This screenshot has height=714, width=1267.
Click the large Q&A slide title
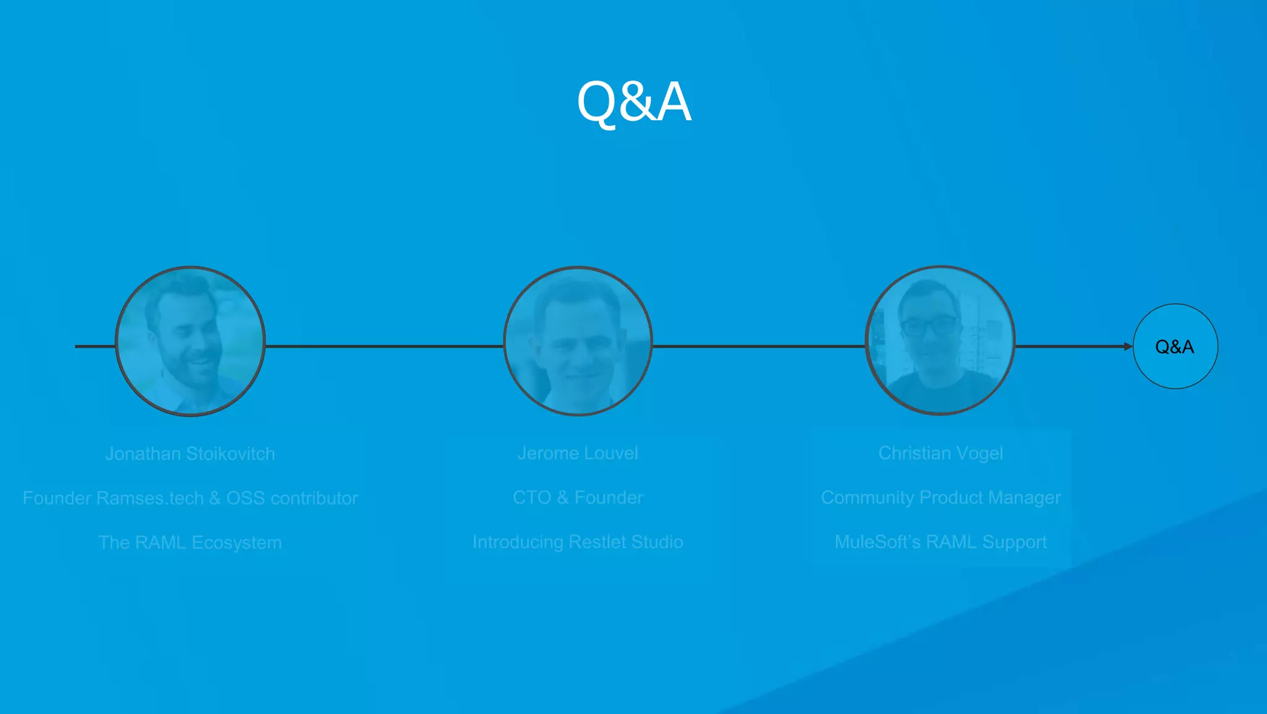tap(633, 102)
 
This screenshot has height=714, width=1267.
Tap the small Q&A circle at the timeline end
tap(1175, 347)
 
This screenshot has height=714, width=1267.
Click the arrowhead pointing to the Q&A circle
tap(1128, 347)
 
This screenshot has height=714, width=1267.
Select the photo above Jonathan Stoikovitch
tap(191, 341)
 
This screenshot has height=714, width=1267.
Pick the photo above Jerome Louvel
tap(578, 341)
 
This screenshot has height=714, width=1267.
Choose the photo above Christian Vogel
tap(940, 341)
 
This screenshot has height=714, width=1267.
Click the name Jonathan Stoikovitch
tap(190, 454)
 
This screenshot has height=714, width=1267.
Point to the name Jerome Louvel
tap(578, 453)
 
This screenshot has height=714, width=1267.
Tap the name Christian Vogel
tap(940, 453)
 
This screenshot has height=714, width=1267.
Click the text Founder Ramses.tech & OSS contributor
tap(190, 498)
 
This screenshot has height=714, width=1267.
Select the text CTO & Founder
tap(578, 498)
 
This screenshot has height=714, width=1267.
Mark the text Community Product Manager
tap(940, 498)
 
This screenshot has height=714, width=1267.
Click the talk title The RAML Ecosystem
tap(190, 543)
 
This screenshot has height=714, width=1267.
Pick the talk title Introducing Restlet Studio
tap(578, 542)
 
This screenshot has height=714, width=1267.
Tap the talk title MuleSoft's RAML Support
tap(940, 542)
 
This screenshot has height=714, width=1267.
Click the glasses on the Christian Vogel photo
tap(929, 326)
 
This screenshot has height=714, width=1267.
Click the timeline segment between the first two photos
tap(384, 347)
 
